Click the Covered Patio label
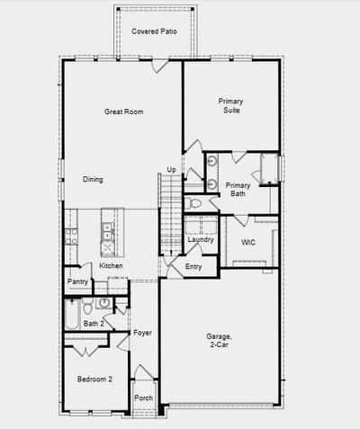tap(154, 31)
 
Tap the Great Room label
tap(124, 112)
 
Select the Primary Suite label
tap(230, 106)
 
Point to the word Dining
tap(93, 180)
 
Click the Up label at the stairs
tap(171, 170)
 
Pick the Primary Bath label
tap(238, 190)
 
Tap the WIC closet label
tap(248, 242)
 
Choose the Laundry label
tap(201, 239)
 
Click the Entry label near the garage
tap(193, 266)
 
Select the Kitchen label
tap(111, 265)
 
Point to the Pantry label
tap(77, 282)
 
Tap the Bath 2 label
tap(94, 324)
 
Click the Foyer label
tap(142, 333)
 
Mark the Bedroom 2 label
tap(94, 380)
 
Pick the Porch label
tap(143, 398)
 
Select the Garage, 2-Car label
tap(219, 341)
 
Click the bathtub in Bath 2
tap(72, 314)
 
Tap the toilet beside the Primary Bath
tap(193, 204)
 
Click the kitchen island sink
tap(108, 232)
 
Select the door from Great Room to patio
tap(158, 66)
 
